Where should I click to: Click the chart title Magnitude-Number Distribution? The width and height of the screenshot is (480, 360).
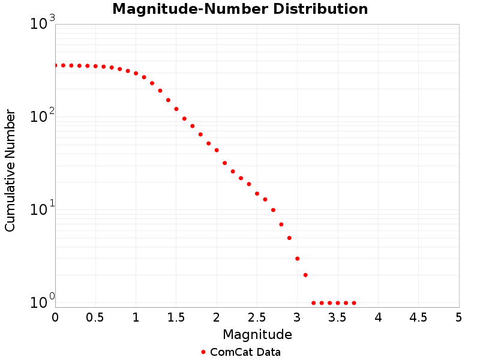(x=240, y=10)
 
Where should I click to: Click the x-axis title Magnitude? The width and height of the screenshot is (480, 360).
(x=257, y=334)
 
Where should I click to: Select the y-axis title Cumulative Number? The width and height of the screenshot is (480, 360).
(x=10, y=170)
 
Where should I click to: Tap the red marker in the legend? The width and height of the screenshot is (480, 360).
(x=203, y=352)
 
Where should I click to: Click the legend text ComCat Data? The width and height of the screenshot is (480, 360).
(x=245, y=352)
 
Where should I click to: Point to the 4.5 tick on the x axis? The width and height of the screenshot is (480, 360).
(x=418, y=317)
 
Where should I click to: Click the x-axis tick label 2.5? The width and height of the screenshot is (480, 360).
(x=257, y=317)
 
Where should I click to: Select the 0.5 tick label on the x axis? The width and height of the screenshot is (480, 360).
(x=95, y=317)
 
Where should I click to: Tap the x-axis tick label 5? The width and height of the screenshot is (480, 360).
(x=459, y=317)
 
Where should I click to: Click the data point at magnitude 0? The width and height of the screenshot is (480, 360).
(x=55, y=65)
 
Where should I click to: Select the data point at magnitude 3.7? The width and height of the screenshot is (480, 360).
(x=354, y=303)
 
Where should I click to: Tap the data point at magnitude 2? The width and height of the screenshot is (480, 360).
(x=217, y=150)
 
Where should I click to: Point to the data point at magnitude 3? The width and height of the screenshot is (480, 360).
(x=297, y=259)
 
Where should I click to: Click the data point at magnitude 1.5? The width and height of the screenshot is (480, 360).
(x=176, y=109)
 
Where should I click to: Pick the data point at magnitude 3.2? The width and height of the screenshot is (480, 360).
(x=313, y=303)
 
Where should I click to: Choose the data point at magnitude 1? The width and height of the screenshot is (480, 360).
(x=136, y=73)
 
